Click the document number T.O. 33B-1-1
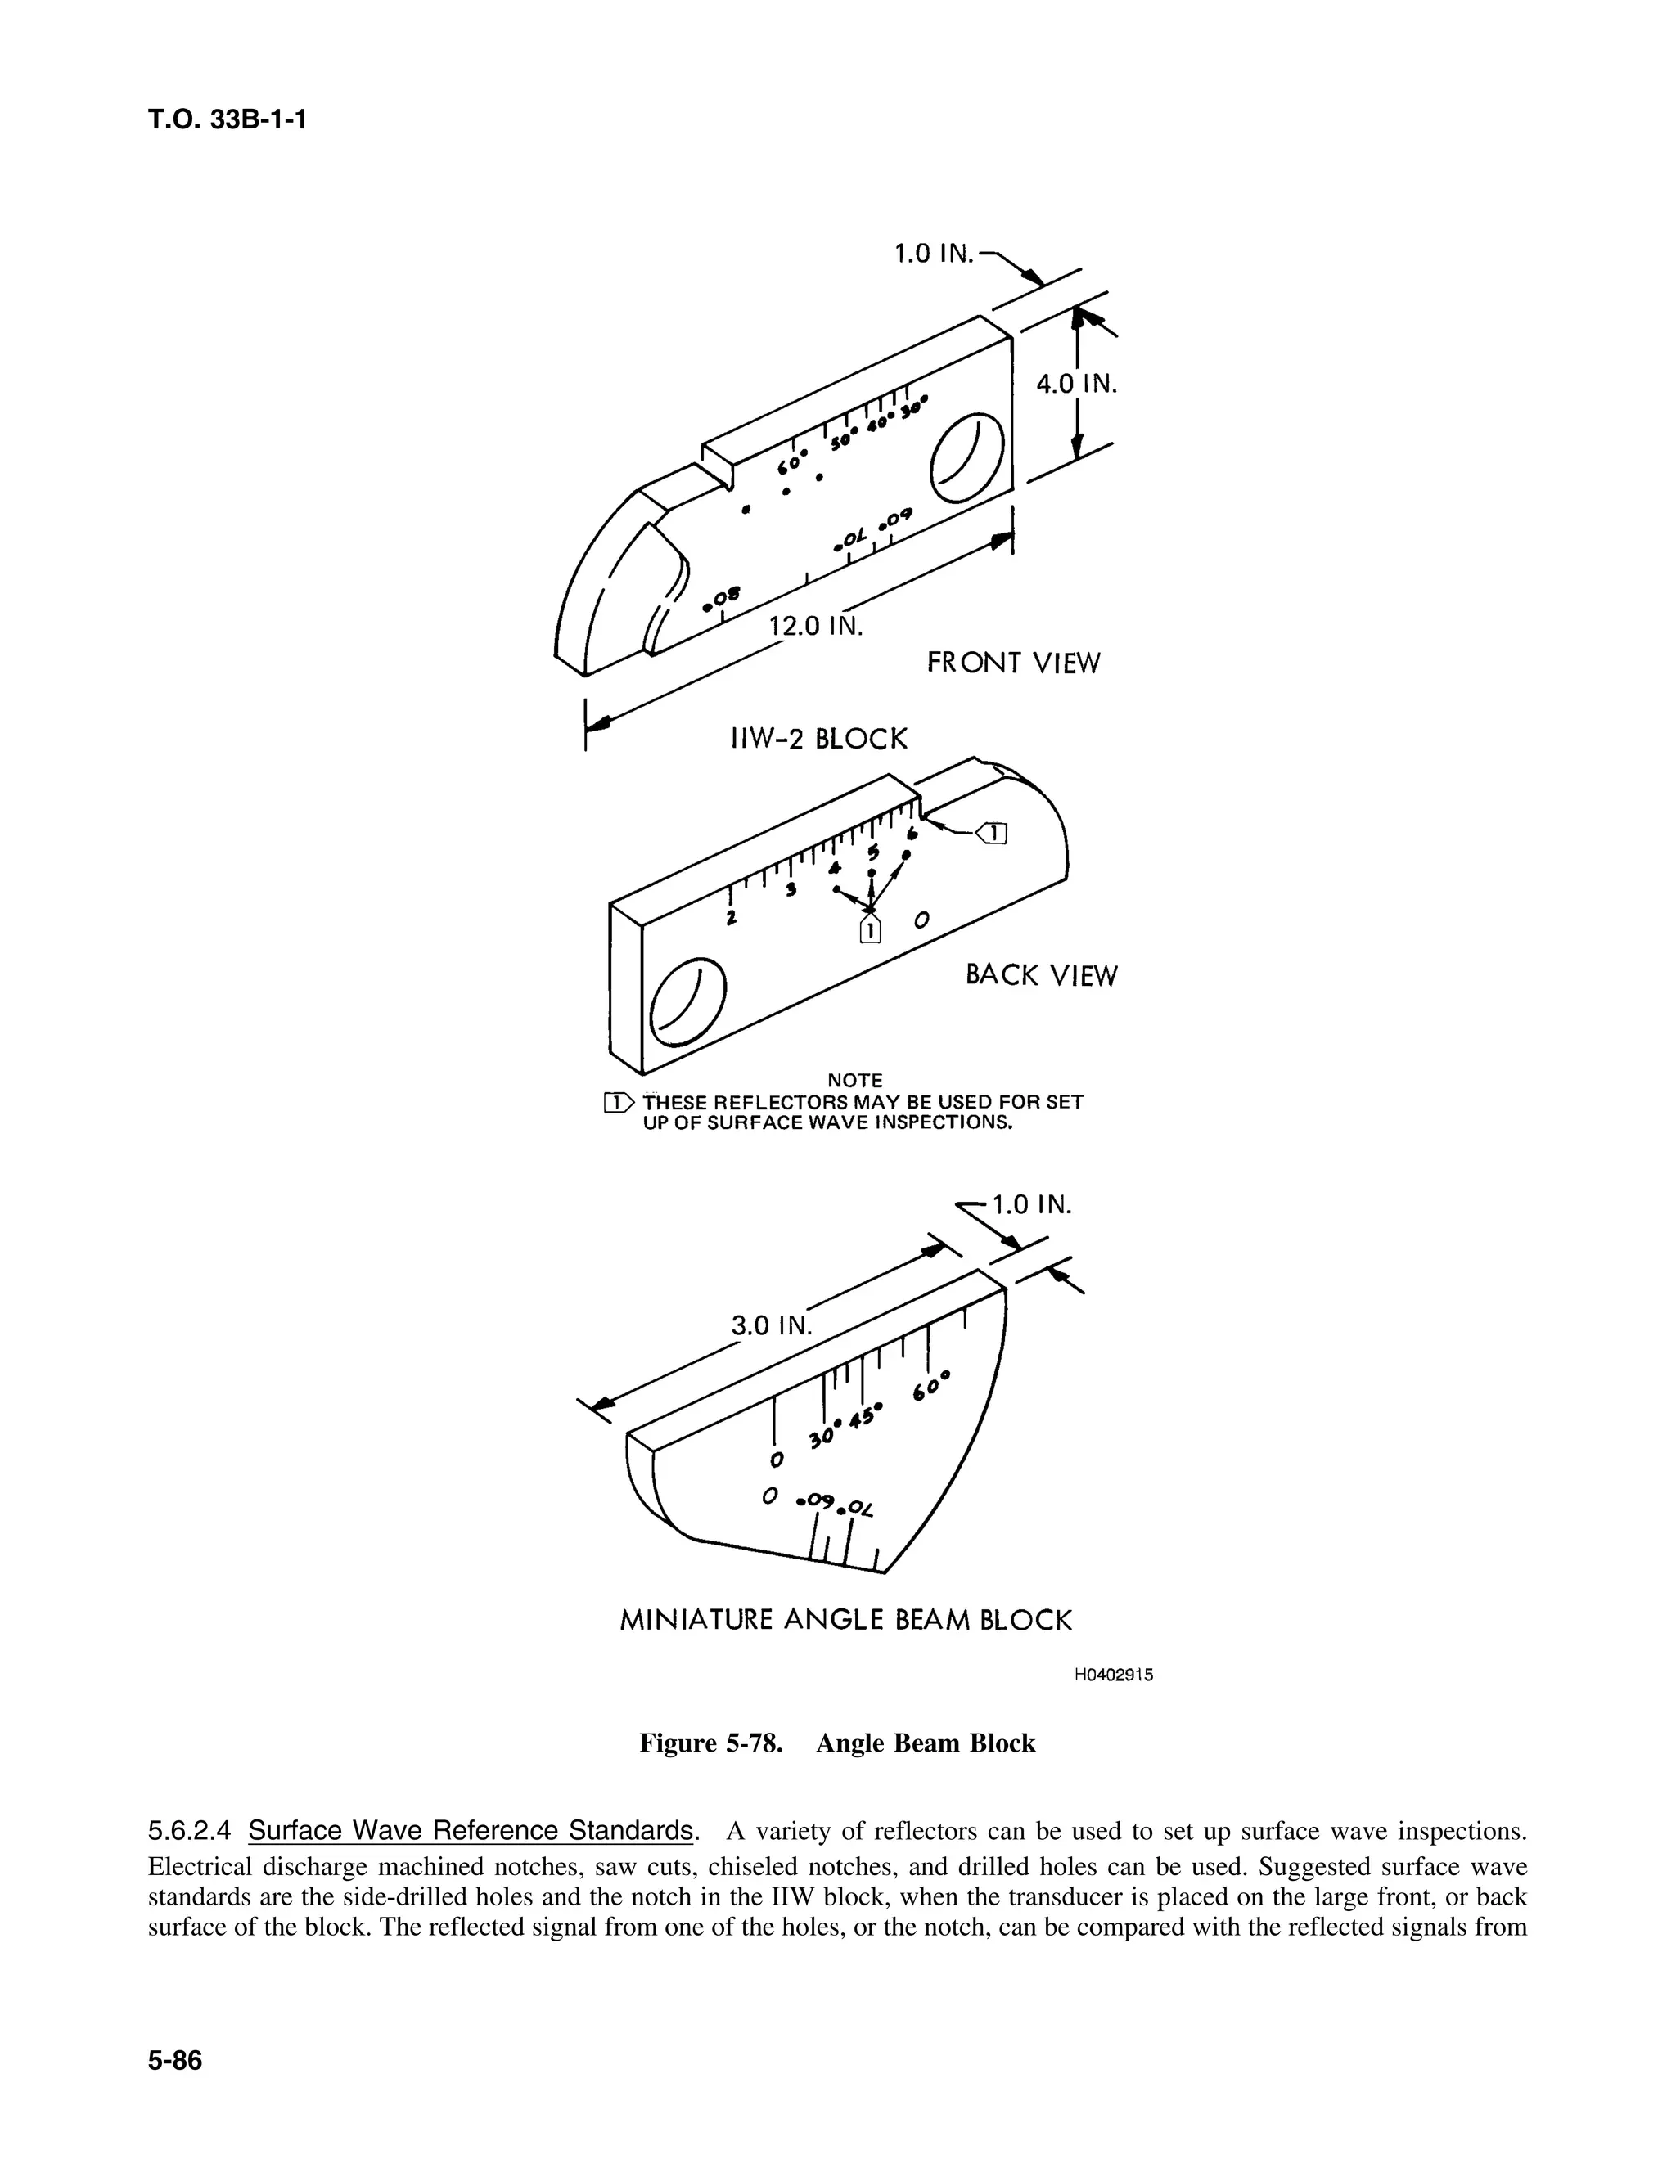point(227,120)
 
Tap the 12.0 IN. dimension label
point(816,627)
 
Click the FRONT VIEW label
point(1013,663)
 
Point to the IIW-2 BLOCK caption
point(819,740)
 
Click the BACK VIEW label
point(1041,976)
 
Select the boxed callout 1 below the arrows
point(870,930)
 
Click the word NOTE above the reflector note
point(855,1080)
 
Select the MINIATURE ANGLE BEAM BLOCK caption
point(846,1621)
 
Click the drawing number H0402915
point(1113,1675)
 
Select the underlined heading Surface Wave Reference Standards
point(470,1830)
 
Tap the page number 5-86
point(175,2061)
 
